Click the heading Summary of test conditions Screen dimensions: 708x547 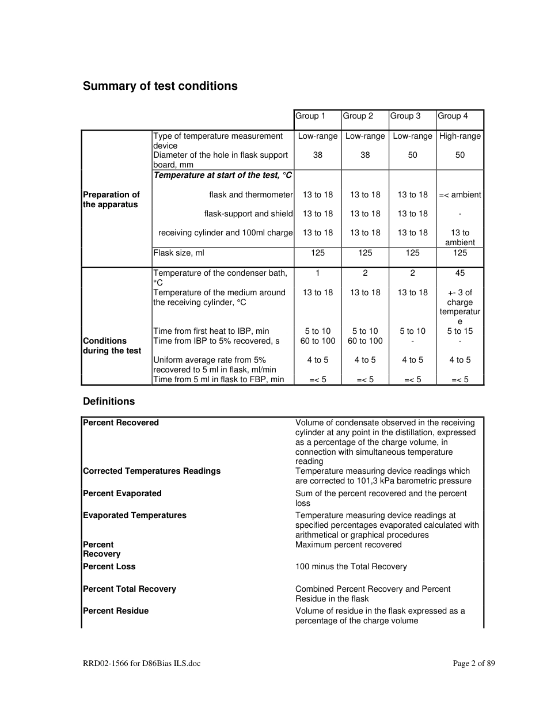(160, 86)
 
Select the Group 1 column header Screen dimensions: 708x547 (310, 116)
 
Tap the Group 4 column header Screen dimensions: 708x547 (453, 116)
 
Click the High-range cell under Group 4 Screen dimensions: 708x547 (459, 136)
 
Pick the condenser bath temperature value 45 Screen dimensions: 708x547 (459, 273)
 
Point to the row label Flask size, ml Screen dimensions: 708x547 (178, 253)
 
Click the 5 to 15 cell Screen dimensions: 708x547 (459, 332)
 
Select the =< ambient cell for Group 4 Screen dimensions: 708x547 (459, 195)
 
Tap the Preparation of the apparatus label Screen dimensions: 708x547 (111, 200)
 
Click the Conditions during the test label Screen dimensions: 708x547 (112, 346)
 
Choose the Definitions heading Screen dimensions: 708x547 (109, 402)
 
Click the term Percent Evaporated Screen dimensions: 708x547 (122, 494)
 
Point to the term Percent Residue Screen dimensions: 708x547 (116, 611)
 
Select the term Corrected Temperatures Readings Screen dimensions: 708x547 (151, 471)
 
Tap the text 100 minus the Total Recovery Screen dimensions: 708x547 (351, 567)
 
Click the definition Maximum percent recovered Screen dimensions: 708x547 (348, 545)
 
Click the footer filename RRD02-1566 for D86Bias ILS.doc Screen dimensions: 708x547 (142, 664)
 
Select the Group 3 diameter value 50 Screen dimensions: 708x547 (412, 155)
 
